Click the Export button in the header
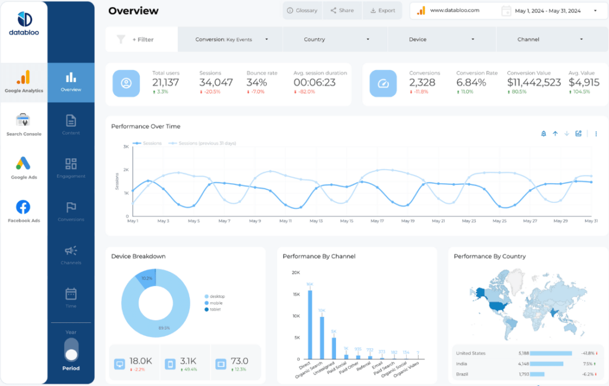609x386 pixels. (x=383, y=10)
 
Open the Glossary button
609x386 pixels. (x=302, y=10)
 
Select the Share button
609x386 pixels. (x=342, y=10)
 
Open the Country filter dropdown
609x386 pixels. (x=335, y=39)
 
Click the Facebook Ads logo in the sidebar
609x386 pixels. (x=23, y=207)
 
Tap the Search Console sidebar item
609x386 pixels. (x=23, y=124)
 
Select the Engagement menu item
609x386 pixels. (x=71, y=168)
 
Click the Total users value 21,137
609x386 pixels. (x=165, y=83)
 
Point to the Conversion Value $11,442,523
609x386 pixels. (x=533, y=83)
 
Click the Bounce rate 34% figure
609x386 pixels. (x=256, y=83)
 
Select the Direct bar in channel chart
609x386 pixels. (x=310, y=324)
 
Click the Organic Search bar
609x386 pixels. (x=322, y=337)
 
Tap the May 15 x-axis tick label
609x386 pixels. (x=347, y=221)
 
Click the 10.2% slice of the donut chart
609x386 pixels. (x=146, y=277)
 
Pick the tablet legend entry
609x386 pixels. (x=215, y=309)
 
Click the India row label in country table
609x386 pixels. (x=462, y=363)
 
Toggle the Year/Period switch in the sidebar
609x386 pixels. (x=71, y=349)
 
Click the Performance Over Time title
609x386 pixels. (x=146, y=126)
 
